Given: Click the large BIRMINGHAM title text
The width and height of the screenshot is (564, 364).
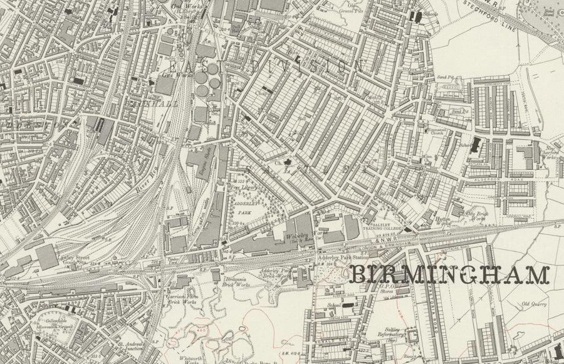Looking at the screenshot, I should (449, 274).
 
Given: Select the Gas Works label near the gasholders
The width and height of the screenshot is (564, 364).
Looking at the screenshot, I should (167, 75).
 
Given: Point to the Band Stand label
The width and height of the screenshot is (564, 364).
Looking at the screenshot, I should (550, 13).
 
